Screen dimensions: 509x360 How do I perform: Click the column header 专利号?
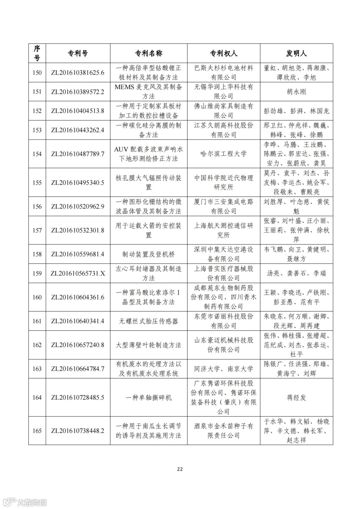click(78, 53)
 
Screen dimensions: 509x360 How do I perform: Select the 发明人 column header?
click(296, 53)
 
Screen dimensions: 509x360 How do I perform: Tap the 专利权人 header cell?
click(223, 53)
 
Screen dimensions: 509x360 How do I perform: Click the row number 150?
click(37, 73)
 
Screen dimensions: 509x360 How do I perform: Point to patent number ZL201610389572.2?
click(78, 92)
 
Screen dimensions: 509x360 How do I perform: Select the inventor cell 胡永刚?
click(296, 92)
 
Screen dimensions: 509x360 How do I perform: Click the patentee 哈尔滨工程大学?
click(223, 154)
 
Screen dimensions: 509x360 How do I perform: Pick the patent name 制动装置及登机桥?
click(148, 254)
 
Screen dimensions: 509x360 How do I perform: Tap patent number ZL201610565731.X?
click(78, 273)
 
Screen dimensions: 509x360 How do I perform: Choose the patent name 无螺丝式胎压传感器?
click(148, 321)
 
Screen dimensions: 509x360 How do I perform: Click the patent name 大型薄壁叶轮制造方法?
click(148, 345)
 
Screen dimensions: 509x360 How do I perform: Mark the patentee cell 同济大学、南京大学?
click(223, 369)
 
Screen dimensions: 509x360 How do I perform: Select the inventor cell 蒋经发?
click(296, 397)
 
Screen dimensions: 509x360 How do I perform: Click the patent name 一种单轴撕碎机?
click(148, 398)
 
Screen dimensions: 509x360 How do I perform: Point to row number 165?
click(37, 431)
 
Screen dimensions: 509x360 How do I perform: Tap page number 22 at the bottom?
click(180, 469)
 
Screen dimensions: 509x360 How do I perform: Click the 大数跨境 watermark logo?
click(25, 502)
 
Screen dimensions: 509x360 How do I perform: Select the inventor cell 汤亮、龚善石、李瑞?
click(296, 273)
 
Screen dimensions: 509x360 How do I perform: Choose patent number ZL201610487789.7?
click(78, 154)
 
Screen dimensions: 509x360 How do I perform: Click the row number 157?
click(37, 231)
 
